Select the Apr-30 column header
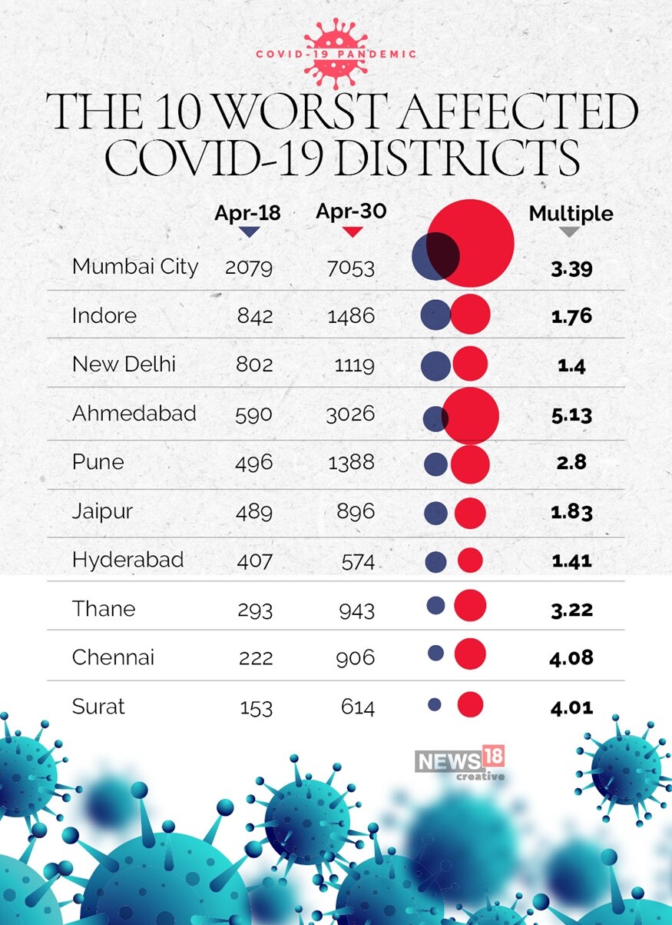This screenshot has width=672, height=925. tap(351, 211)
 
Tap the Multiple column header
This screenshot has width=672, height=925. tap(571, 214)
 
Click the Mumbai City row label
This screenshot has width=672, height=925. tap(135, 267)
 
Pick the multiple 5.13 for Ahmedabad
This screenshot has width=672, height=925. tap(571, 415)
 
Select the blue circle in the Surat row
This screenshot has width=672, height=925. tap(434, 704)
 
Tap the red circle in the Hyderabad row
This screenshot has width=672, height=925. tap(470, 560)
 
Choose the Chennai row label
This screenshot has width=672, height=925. tap(113, 657)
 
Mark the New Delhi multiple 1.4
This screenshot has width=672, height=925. tap(571, 365)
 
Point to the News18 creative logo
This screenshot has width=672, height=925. tap(460, 764)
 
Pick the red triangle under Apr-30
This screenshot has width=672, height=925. tap(351, 231)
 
